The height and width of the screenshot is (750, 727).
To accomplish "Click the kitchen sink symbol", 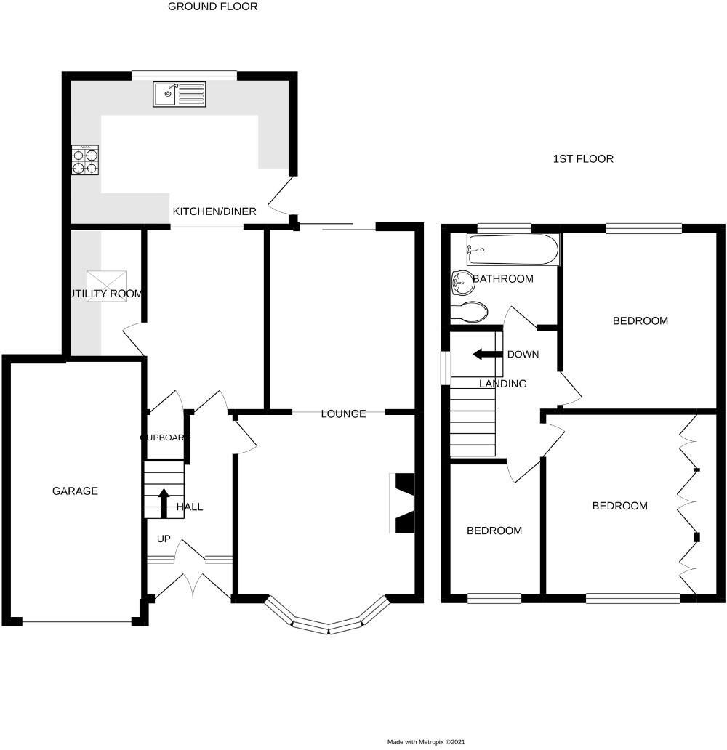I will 180,94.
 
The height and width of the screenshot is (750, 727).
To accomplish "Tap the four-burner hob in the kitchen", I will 85,160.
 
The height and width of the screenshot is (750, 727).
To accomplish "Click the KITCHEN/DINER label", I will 214,211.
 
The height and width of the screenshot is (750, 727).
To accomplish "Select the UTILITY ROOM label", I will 105,294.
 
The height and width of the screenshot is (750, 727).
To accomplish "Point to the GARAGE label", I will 75,491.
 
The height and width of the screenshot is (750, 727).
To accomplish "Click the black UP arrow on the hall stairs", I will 164,502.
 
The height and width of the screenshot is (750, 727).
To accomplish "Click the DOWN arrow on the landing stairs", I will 485,355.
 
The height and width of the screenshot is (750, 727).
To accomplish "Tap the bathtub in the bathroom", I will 513,250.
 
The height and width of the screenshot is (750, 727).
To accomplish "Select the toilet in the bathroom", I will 469,312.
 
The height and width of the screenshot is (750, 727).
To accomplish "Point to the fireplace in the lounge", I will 402,503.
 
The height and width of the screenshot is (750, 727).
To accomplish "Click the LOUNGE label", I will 343,414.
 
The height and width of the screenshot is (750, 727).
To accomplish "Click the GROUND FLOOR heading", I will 212,7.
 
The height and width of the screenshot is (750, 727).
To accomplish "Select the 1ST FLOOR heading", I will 582,158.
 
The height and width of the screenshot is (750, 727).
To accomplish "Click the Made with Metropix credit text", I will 425,742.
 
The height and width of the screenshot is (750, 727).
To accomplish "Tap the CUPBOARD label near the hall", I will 165,437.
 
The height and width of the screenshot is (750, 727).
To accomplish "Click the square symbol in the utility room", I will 108,281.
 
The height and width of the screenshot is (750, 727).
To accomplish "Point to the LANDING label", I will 502,384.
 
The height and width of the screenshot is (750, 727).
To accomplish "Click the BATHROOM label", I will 503,278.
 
